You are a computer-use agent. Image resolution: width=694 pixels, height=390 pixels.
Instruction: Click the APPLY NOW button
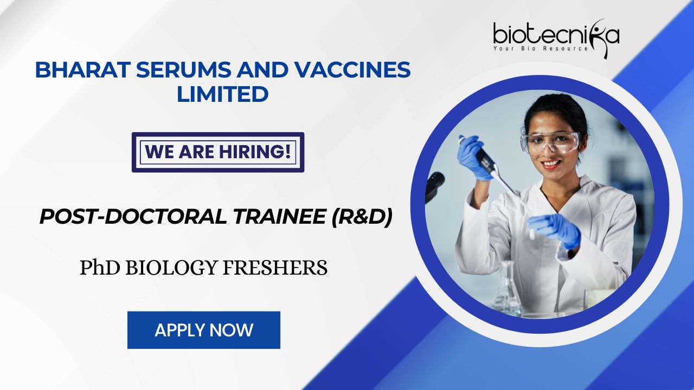pos(204,330)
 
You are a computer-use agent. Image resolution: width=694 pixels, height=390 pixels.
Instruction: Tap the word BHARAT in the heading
pos(81,70)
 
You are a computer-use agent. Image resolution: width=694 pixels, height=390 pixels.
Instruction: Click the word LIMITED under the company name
pos(222,94)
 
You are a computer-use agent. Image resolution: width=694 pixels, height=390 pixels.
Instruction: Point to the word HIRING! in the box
pos(255,152)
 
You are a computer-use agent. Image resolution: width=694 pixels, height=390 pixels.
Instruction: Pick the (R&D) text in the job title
pos(362,217)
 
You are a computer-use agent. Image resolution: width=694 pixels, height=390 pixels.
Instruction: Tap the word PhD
pos(100,268)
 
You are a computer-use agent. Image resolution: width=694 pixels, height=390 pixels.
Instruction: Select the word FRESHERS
pos(275,268)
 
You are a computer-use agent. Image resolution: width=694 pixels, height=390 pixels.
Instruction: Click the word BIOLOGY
pos(171,268)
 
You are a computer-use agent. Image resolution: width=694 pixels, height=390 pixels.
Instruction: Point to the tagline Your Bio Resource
pos(541,49)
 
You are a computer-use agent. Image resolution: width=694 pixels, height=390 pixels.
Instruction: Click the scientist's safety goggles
pos(550,143)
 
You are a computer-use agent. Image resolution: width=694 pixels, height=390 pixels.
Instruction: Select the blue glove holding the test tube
pos(555,230)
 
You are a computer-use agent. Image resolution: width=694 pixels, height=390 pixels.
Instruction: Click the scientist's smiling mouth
pos(550,164)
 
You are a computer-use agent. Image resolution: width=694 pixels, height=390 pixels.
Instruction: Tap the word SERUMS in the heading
pos(183,70)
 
